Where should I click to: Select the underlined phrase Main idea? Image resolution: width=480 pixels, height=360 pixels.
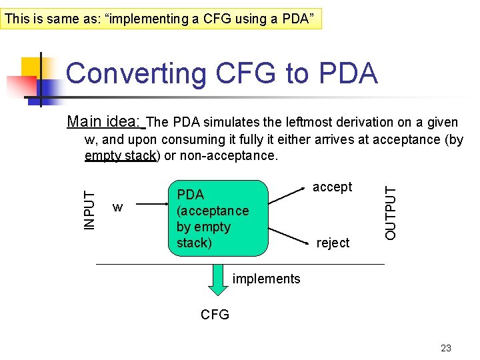coord(105,122)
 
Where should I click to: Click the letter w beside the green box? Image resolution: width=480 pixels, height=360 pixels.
coord(117,208)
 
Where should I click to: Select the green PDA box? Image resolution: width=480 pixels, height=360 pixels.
coord(218,218)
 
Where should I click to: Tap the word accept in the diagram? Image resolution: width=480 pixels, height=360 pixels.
coord(332,187)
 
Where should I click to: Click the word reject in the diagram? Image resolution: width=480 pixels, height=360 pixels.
coord(333,243)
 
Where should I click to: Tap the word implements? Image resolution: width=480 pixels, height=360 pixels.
coord(267,279)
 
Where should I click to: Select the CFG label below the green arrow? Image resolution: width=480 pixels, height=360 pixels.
coord(215,315)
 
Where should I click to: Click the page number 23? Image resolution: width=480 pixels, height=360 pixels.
coord(446,348)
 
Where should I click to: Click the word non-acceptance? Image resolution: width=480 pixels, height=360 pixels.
coord(227,156)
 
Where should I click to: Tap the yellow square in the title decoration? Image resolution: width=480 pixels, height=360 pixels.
coord(31,67)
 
